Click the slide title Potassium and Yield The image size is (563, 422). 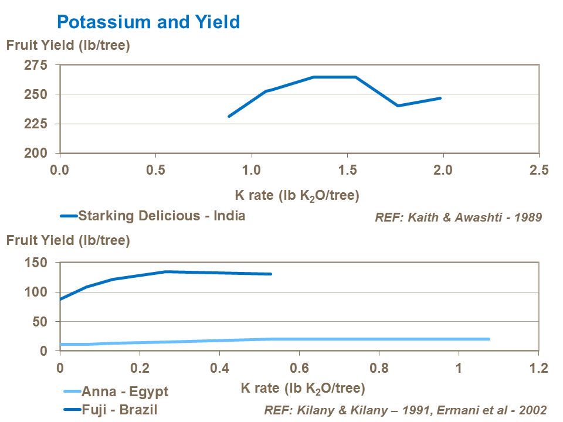coord(148,22)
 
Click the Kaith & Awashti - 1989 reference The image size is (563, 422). coord(458,217)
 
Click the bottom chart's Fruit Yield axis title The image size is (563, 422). coord(67,240)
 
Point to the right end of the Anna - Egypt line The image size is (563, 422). coord(489,339)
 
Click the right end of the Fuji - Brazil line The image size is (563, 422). coord(271,274)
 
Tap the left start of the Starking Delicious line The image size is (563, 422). coord(229,116)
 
